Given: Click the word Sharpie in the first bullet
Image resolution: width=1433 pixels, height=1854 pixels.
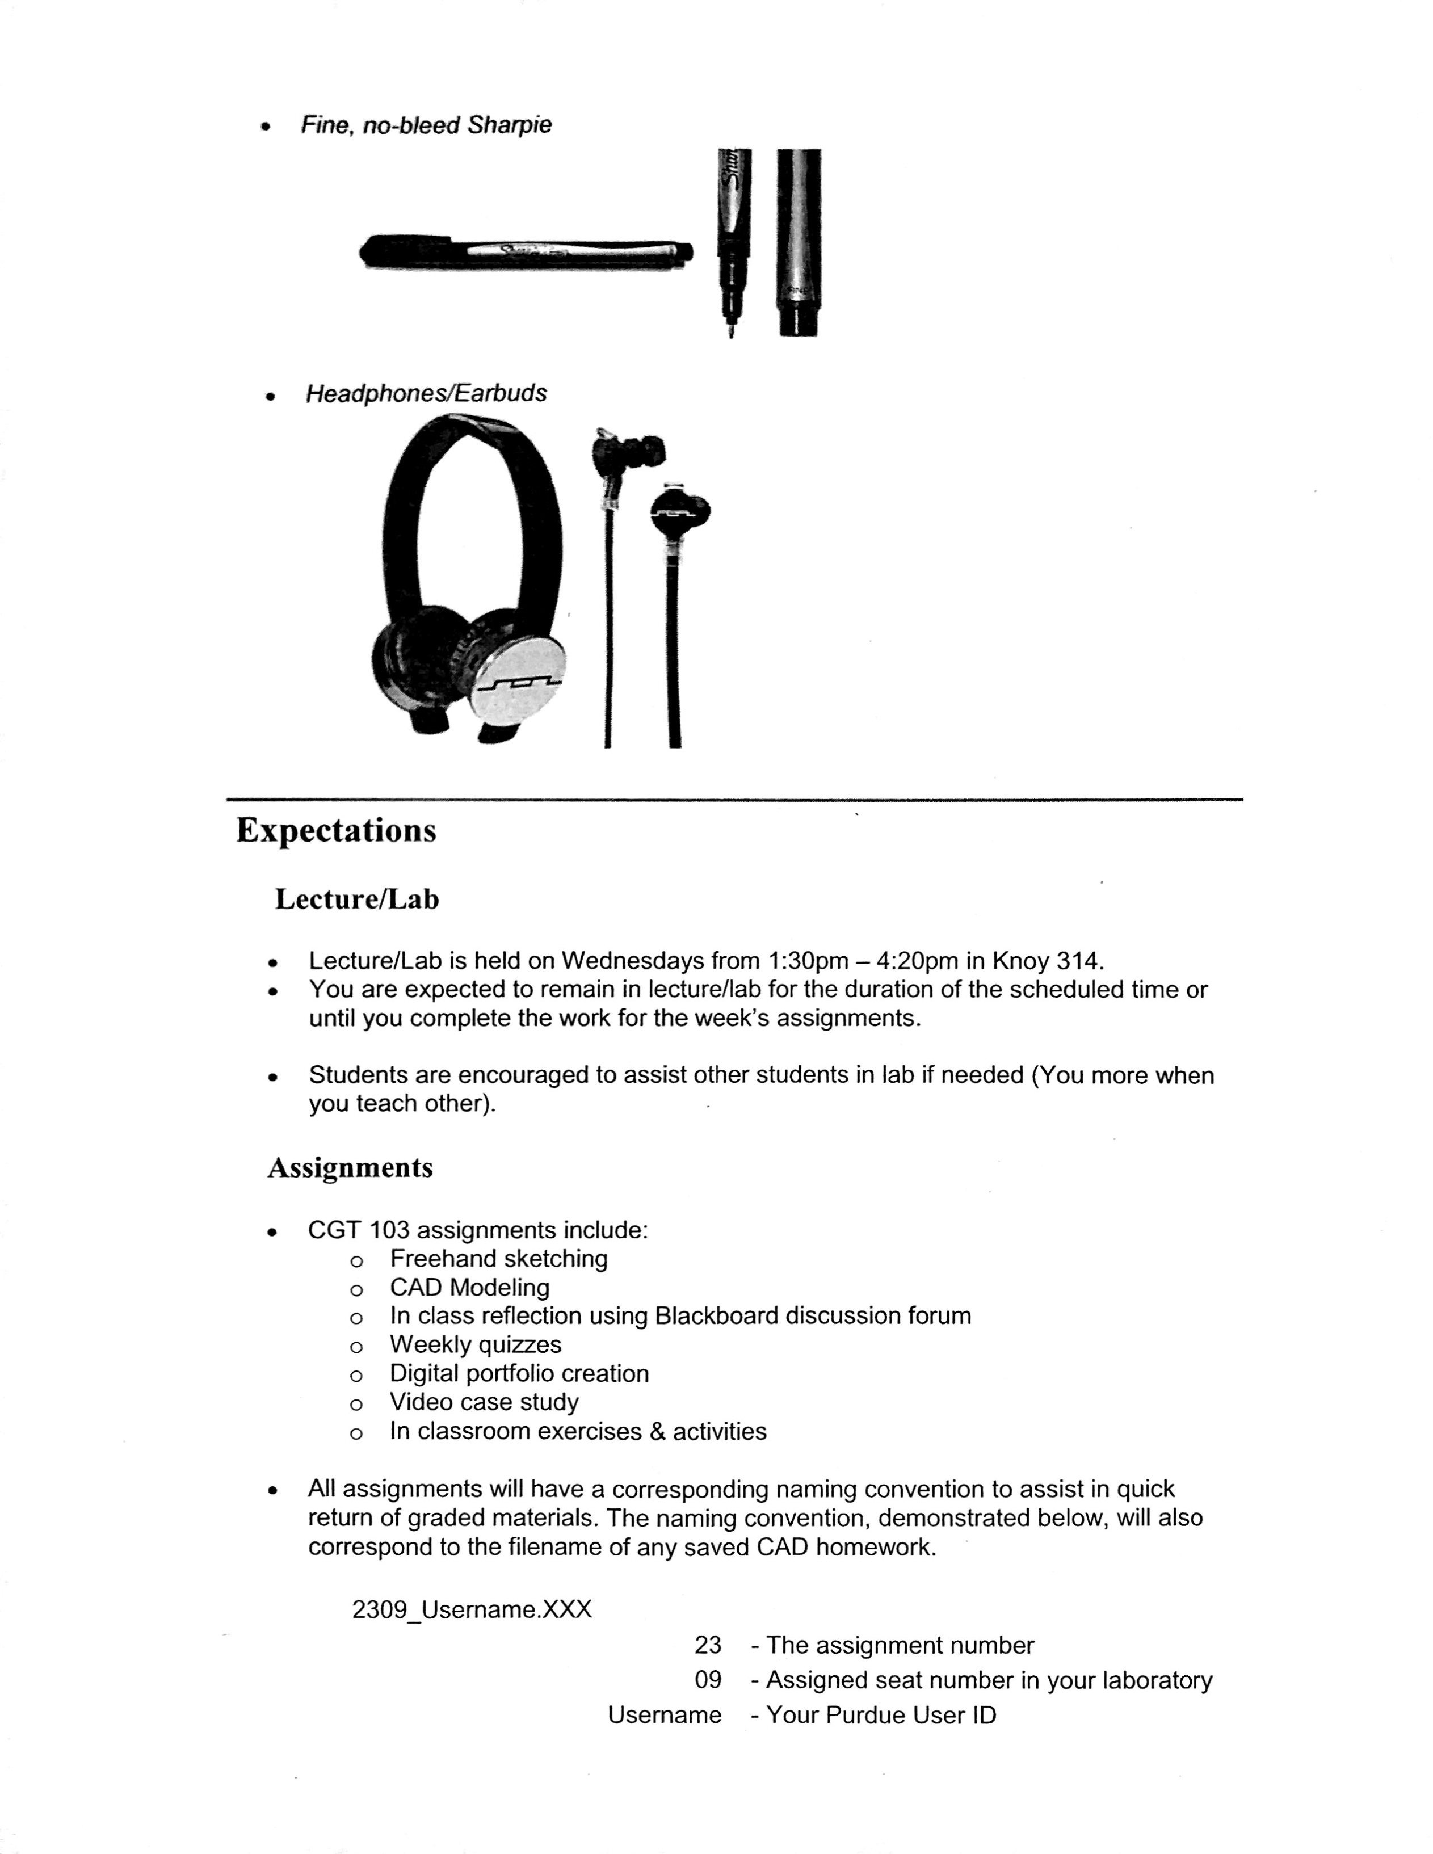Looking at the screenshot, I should tap(510, 125).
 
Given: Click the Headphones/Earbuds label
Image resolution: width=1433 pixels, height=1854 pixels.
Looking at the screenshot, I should tap(426, 394).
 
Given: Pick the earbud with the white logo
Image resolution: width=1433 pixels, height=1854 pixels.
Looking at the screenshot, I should tap(679, 513).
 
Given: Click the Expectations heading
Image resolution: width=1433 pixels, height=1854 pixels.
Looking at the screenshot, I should tap(336, 830).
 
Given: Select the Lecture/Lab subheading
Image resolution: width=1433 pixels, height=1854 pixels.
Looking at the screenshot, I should tap(356, 899).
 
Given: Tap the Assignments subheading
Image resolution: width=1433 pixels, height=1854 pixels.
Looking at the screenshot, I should tap(350, 1167).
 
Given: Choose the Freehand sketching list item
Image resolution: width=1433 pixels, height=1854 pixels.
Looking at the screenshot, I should tap(498, 1259).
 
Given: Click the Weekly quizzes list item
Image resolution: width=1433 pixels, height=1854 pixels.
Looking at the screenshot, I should tap(476, 1344).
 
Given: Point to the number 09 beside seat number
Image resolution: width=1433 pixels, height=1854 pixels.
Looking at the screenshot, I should tap(708, 1680).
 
